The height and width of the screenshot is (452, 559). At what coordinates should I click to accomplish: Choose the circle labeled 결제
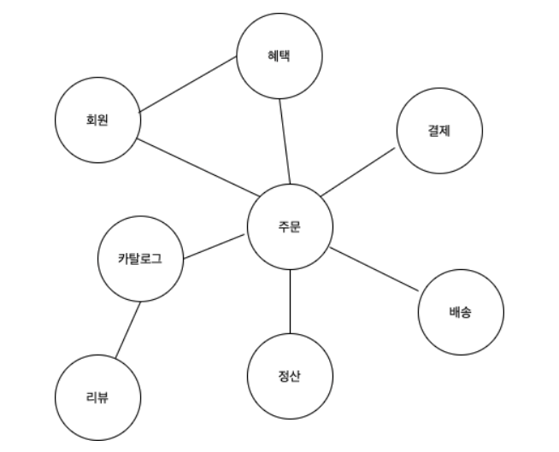click(x=440, y=131)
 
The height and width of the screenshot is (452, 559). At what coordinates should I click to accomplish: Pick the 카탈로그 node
click(x=140, y=257)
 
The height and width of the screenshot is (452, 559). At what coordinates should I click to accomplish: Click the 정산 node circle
click(x=290, y=376)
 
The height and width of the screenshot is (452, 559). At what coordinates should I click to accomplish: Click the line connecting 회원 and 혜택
click(x=188, y=85)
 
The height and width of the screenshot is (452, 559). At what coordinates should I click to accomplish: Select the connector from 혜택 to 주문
click(x=285, y=141)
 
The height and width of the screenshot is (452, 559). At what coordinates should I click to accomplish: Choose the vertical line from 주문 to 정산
click(x=290, y=301)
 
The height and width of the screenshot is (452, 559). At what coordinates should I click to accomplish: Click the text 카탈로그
click(x=140, y=257)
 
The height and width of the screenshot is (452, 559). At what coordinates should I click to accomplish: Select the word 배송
click(x=459, y=312)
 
